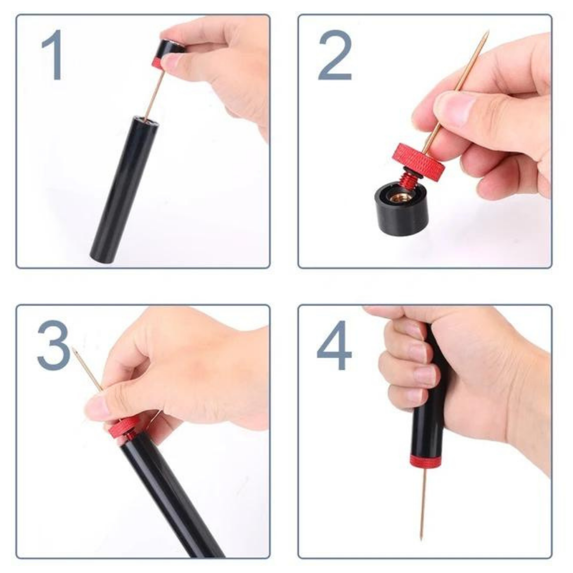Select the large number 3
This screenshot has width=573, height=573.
pos(54,345)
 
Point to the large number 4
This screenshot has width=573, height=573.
pos(334,345)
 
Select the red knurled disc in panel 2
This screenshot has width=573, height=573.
pos(419,158)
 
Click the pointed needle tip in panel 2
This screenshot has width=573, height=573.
pos(487,33)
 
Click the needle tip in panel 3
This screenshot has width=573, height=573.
pos(74,350)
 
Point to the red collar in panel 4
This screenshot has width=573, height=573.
pos(424,462)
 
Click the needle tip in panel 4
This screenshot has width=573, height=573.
pos(422,537)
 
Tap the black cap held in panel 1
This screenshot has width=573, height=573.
pos(170,50)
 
